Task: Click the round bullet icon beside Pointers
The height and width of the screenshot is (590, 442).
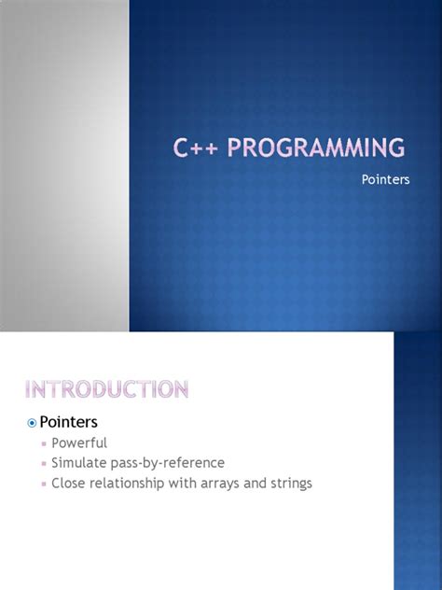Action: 31,423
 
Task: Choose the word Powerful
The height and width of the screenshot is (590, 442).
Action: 79,442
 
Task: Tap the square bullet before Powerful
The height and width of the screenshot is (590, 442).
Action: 43,443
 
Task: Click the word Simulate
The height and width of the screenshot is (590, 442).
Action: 77,463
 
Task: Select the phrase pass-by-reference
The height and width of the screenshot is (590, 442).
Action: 167,463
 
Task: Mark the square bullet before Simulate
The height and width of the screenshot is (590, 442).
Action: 43,464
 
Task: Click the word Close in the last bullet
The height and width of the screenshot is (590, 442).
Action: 68,484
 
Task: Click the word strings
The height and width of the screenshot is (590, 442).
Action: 288,484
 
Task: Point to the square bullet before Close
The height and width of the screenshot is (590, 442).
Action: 43,485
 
